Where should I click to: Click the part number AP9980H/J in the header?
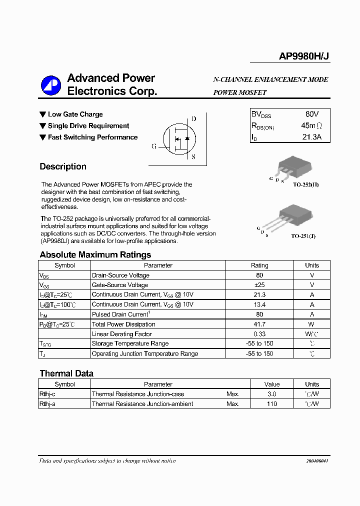304,57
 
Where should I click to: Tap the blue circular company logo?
50,85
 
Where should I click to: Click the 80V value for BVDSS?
311,114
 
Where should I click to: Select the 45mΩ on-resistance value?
311,125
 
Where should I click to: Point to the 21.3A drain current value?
311,137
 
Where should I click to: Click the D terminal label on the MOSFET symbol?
193,119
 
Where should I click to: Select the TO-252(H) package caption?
305,185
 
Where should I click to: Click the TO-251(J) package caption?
304,235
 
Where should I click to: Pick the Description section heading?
63,167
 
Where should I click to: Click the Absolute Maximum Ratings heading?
95,255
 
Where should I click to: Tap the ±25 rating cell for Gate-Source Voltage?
259,285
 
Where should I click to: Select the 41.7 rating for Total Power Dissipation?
259,324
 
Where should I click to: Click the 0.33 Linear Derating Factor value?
259,334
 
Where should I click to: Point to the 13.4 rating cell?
259,304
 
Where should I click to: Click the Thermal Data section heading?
66,373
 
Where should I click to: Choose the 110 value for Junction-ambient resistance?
271,404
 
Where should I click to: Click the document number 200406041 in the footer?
317,461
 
